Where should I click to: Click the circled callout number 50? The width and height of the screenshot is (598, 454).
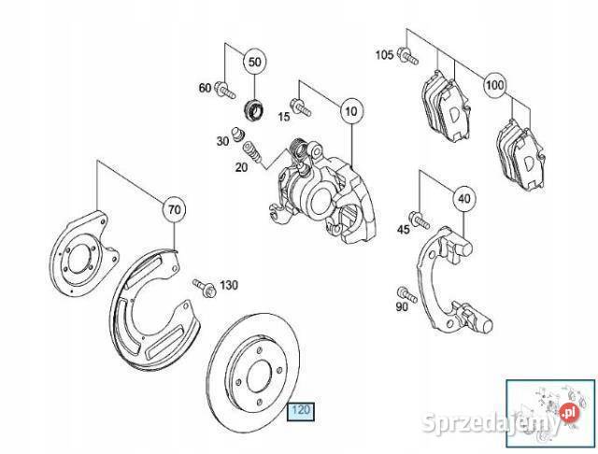(x=254, y=64)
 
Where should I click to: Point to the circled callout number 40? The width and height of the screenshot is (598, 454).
(x=463, y=198)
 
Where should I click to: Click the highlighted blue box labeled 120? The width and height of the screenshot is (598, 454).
(x=301, y=409)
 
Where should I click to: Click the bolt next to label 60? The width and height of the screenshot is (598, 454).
(x=223, y=90)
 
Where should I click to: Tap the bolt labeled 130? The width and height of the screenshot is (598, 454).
(x=203, y=284)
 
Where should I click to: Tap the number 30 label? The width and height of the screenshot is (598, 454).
(x=222, y=141)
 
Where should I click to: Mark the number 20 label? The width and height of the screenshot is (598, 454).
(x=241, y=167)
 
